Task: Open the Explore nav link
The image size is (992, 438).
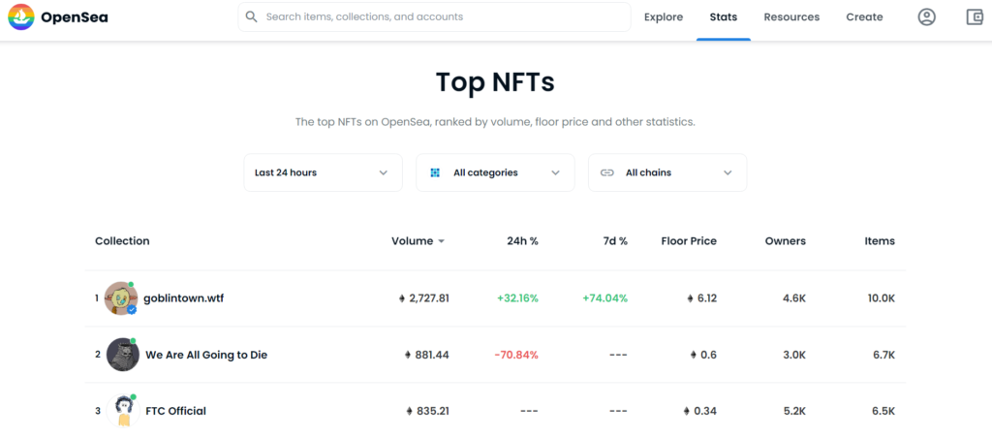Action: (664, 16)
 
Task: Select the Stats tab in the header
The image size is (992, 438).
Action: (723, 16)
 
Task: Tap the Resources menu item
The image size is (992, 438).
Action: (791, 16)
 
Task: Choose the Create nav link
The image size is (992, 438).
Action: (864, 16)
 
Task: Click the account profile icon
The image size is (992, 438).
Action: (927, 16)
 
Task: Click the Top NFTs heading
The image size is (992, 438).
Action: (495, 81)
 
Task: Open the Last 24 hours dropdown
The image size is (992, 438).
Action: (323, 172)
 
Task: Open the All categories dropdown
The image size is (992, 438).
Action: (495, 172)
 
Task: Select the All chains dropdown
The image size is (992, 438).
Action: (666, 172)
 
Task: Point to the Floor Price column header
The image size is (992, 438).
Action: (689, 241)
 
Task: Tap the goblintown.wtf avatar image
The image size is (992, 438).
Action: (121, 298)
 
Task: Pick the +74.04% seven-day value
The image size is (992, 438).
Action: (604, 298)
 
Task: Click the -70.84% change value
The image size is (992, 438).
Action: (516, 355)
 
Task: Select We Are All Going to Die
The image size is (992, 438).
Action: (205, 355)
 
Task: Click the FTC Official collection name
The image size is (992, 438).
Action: (175, 411)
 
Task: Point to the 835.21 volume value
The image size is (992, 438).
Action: (427, 411)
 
